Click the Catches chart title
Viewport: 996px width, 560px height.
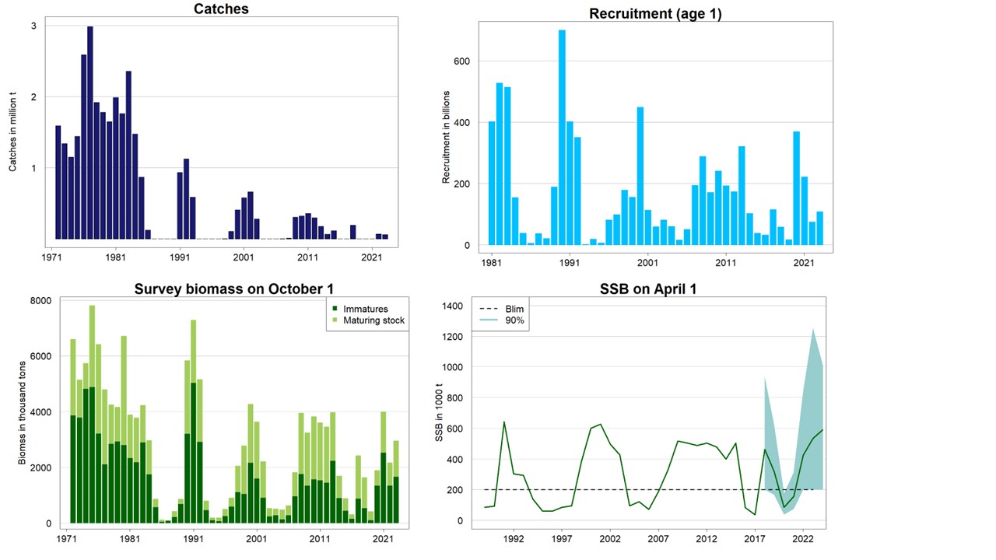point(222,9)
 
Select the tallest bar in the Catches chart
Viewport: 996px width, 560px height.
point(90,132)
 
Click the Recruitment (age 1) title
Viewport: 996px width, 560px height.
point(655,13)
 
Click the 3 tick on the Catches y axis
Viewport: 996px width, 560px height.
point(33,26)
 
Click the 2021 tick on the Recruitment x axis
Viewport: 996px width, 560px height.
point(804,263)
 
